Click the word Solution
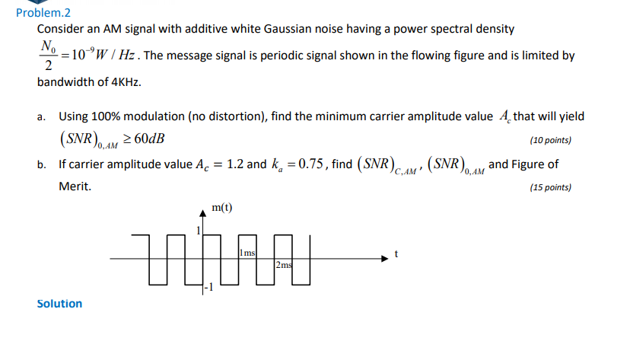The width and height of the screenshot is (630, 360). (x=59, y=304)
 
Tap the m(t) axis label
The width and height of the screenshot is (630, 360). (x=222, y=207)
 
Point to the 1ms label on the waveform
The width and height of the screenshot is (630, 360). (x=247, y=252)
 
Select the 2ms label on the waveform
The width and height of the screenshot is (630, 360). (x=283, y=265)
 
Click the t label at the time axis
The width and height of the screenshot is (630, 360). (x=396, y=254)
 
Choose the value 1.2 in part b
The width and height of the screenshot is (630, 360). (x=233, y=164)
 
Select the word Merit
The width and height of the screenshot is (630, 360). (x=75, y=185)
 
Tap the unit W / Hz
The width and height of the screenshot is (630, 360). (x=115, y=56)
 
